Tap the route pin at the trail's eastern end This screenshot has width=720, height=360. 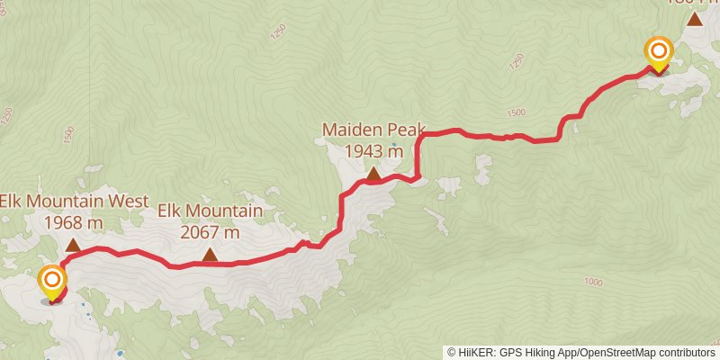tap(659, 52)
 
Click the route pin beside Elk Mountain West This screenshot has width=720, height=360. tap(52, 283)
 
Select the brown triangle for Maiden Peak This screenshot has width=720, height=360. tap(373, 172)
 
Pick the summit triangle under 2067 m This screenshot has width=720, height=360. tap(210, 255)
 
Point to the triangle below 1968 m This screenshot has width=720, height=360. tap(72, 244)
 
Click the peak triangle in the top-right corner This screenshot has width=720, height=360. tap(695, 17)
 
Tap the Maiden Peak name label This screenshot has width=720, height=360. tap(373, 130)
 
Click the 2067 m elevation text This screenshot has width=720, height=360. tap(210, 231)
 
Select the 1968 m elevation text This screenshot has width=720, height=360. tap(72, 221)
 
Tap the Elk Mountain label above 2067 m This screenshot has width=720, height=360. tap(210, 211)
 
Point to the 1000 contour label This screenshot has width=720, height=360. tap(591, 282)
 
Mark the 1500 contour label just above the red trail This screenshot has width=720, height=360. tap(516, 112)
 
